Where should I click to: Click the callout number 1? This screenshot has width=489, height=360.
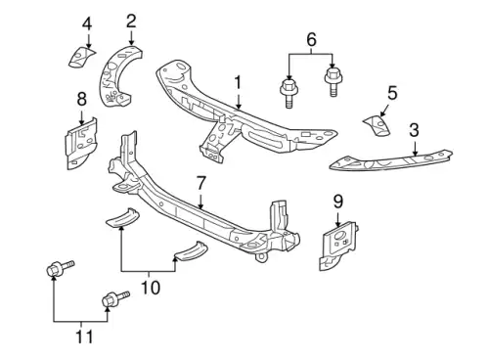click(x=239, y=83)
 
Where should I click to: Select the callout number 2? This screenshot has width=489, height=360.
click(x=131, y=21)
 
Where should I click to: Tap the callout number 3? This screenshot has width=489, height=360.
click(x=414, y=130)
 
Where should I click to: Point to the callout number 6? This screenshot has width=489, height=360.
click(x=311, y=40)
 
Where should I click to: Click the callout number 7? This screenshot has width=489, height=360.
click(x=200, y=184)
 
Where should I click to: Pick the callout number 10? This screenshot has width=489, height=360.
click(x=151, y=288)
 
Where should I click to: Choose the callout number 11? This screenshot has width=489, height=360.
click(x=84, y=337)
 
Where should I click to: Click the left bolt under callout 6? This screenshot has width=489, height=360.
click(x=289, y=93)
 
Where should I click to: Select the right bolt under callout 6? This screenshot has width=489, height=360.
click(x=333, y=82)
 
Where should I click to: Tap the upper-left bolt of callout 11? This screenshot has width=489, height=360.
click(x=61, y=268)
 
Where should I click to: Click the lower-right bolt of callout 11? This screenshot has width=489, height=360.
click(x=115, y=298)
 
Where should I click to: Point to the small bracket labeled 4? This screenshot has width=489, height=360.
click(x=81, y=57)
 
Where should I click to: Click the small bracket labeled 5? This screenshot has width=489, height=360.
click(x=377, y=125)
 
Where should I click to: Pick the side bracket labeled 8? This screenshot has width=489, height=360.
click(x=81, y=144)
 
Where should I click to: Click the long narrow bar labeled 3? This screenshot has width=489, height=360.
click(x=390, y=160)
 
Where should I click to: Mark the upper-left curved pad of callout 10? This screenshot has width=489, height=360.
click(x=123, y=217)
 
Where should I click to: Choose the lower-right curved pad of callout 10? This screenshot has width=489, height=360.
click(x=192, y=251)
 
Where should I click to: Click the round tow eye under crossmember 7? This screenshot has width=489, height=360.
click(x=261, y=257)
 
